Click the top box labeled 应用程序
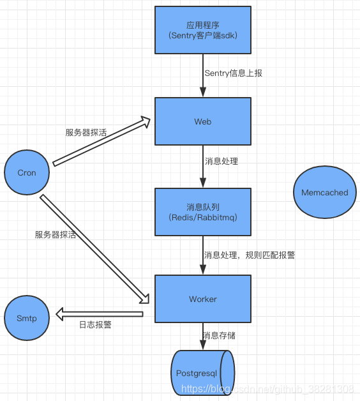pyautogui.click(x=203, y=30)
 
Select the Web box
pyautogui.click(x=203, y=121)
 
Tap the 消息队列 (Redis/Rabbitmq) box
pyautogui.click(x=203, y=211)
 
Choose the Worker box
pyautogui.click(x=203, y=299)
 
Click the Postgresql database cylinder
pyautogui.click(x=202, y=374)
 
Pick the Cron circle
pyautogui.click(x=27, y=172)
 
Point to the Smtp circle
pyautogui.click(x=27, y=318)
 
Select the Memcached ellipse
pyautogui.click(x=325, y=192)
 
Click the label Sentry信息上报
pyautogui.click(x=233, y=73)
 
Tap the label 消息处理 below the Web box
pyautogui.click(x=221, y=161)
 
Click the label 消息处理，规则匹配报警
pyautogui.click(x=249, y=255)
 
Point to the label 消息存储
pyautogui.click(x=220, y=336)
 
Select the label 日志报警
pyautogui.click(x=95, y=324)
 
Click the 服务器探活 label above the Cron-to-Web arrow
pyautogui.click(x=86, y=132)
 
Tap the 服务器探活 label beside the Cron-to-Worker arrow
pyautogui.click(x=56, y=234)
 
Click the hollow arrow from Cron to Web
pyautogui.click(x=101, y=142)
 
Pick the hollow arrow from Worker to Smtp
pyautogui.click(x=99, y=314)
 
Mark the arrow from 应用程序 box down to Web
pyautogui.click(x=203, y=75)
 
